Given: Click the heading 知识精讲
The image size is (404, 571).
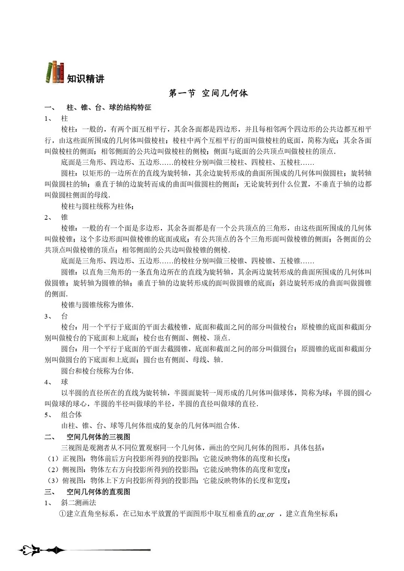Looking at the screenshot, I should (x=86, y=79).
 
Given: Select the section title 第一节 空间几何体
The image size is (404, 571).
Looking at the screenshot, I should (x=208, y=93).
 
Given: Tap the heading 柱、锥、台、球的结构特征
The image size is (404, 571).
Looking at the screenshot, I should (x=109, y=108).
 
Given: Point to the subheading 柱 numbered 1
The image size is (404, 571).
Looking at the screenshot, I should (x=65, y=118).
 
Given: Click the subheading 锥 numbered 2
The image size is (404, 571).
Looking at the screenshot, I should (x=65, y=217).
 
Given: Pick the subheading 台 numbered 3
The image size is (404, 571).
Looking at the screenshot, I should (x=65, y=316).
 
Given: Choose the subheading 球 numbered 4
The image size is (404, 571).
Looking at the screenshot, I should (x=65, y=382).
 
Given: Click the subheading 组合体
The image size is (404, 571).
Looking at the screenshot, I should (x=71, y=415).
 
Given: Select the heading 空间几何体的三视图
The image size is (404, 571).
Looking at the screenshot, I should (x=98, y=437).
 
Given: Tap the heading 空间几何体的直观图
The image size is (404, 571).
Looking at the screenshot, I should (x=98, y=492).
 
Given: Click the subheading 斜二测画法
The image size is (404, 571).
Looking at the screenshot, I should (x=79, y=503).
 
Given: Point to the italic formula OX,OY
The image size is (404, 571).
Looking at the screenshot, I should (x=266, y=515).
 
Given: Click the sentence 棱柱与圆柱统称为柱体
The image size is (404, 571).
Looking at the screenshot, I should (x=97, y=206).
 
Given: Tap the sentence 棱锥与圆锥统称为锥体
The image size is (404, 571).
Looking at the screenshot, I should (x=97, y=305).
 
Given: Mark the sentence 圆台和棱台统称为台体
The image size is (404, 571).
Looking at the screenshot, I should (x=97, y=371).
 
